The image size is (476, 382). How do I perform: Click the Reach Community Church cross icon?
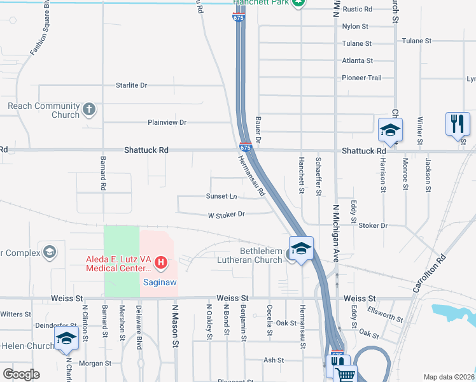89,109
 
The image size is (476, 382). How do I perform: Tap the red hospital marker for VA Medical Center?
161,262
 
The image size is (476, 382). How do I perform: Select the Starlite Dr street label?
131,85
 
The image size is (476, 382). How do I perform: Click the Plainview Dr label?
167,122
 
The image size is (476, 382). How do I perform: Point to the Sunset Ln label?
221,196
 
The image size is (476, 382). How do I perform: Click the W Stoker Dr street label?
226,215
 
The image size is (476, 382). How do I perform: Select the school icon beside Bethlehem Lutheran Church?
301,248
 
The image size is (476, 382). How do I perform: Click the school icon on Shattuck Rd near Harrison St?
389,131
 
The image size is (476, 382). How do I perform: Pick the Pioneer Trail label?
362,78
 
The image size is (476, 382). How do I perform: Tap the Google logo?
21,374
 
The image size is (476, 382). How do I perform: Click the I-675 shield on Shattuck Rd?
246,146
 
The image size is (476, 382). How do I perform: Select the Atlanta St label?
357,60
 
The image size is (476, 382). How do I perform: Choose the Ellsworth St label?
386,313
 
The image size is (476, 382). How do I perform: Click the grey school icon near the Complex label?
48,251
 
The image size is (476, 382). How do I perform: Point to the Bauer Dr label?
259,129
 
